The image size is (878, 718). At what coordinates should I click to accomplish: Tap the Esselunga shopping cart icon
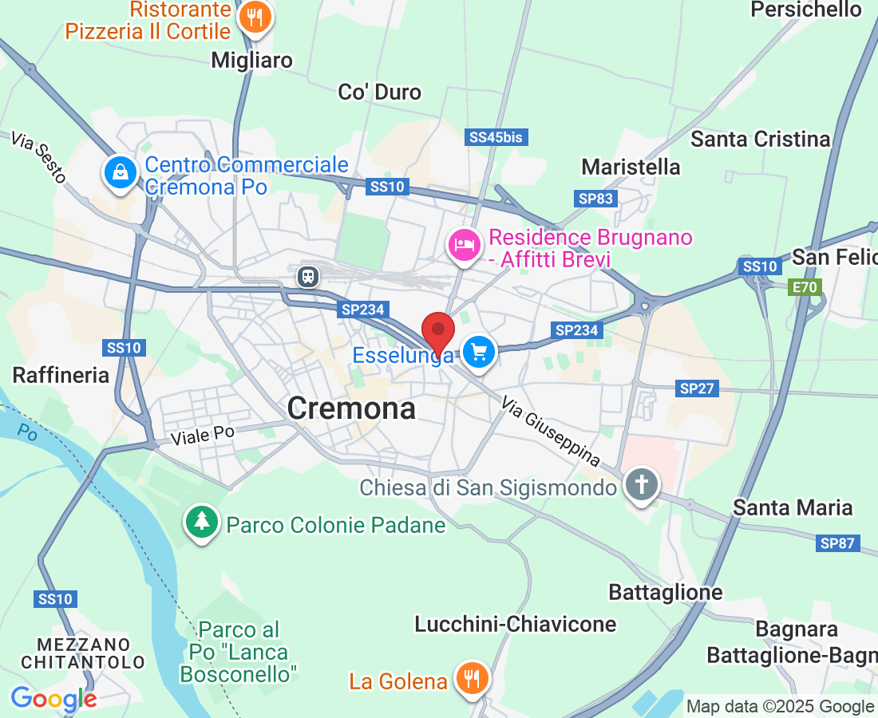479,352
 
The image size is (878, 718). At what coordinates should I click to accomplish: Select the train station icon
308,276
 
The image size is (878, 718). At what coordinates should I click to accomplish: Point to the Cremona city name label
351,408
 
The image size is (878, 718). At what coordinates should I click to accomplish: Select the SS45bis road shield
496,137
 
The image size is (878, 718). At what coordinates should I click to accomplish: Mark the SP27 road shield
697,389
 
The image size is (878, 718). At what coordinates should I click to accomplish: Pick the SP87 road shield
837,544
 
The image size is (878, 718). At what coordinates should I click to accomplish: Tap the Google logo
53,699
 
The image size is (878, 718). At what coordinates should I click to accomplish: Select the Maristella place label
631,167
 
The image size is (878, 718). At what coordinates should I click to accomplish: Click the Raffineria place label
61,375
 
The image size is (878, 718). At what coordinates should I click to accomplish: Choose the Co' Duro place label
380,93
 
